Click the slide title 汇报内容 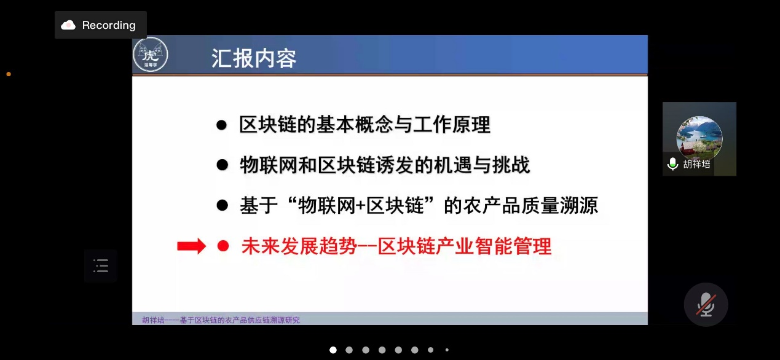coord(254,58)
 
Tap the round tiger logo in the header coord(151,55)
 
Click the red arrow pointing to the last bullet coord(191,246)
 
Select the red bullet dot coord(223,246)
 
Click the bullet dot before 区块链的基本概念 coord(222,125)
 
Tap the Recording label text coord(109,25)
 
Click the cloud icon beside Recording coord(68,25)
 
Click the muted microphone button coord(706,305)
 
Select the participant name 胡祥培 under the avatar coord(696,164)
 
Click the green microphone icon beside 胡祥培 coord(672,163)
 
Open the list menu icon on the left coord(101,266)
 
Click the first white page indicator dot coord(333,350)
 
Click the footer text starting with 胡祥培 coord(221,320)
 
